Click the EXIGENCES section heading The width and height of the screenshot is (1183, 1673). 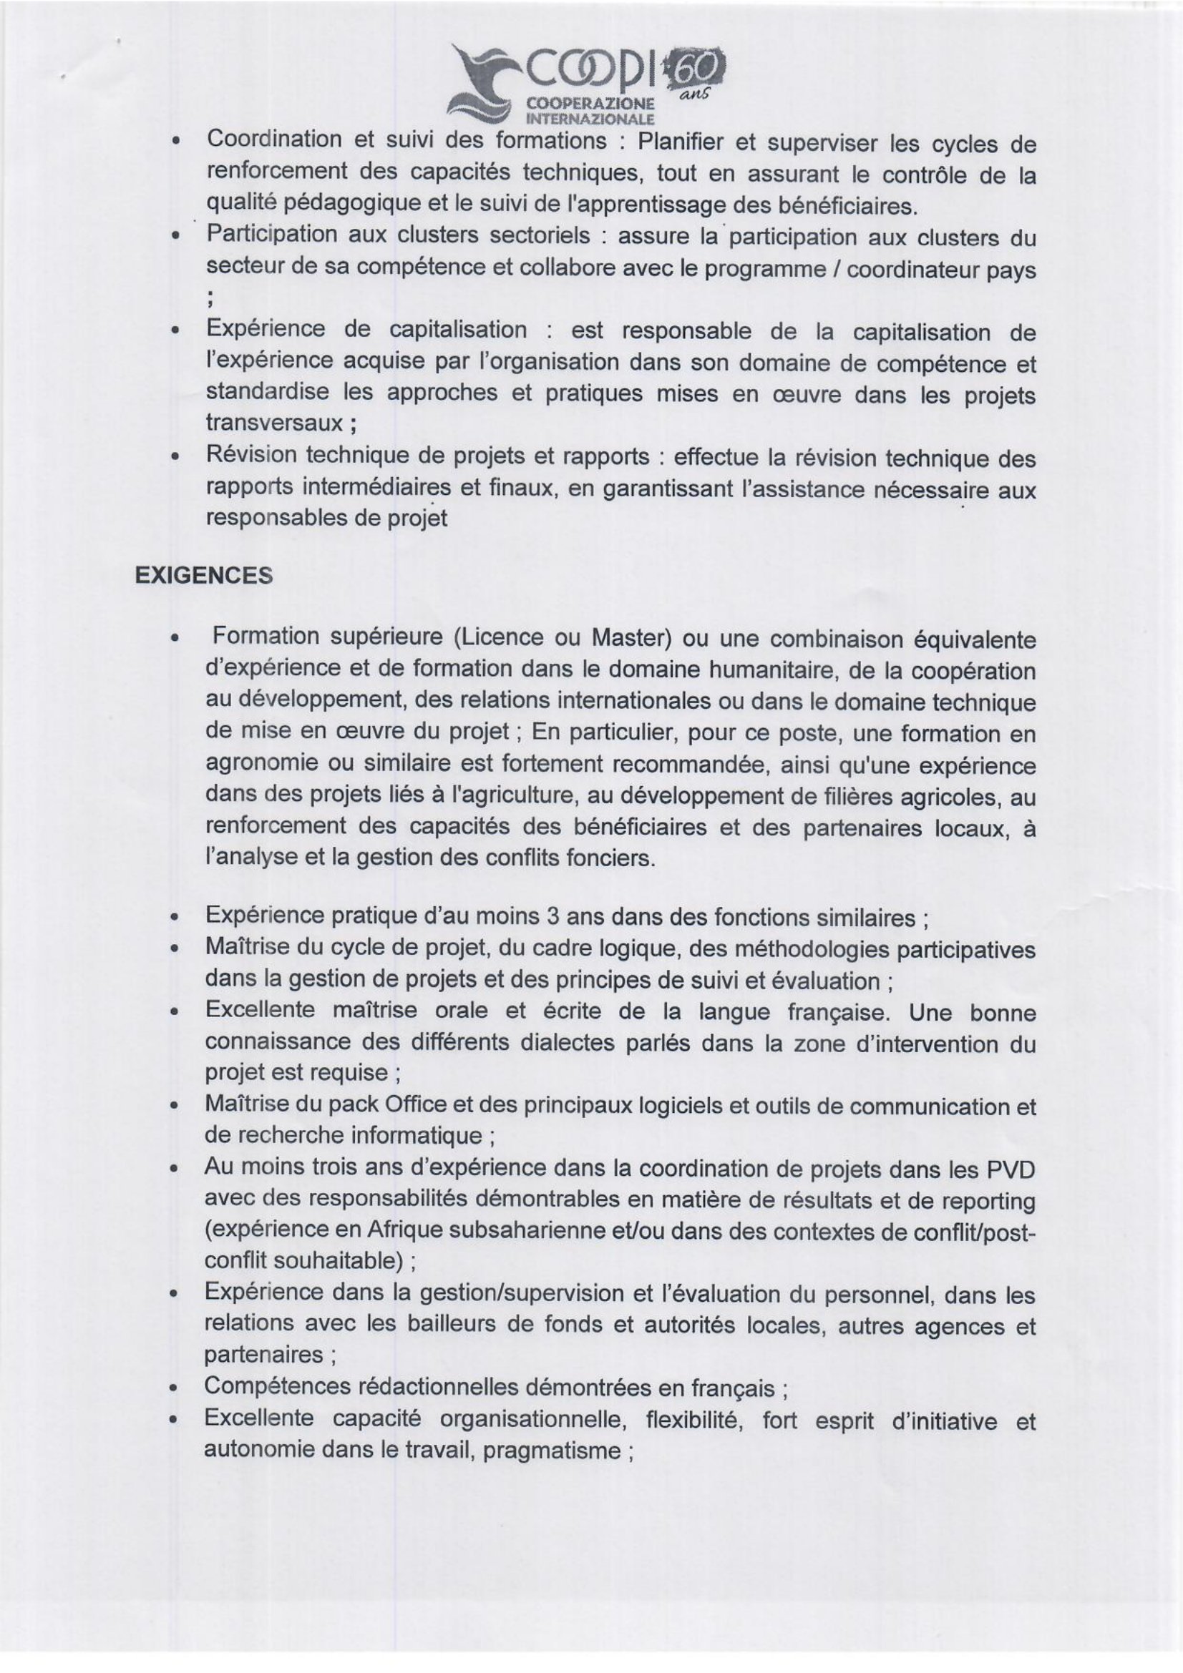pos(204,575)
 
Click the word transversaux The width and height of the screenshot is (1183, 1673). pos(273,423)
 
